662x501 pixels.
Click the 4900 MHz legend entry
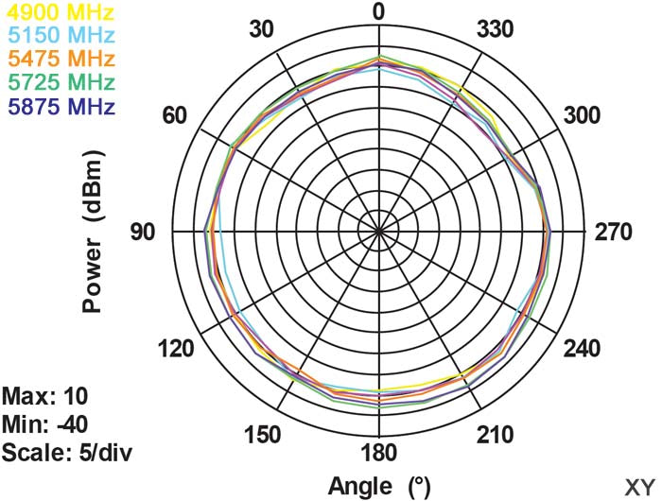[58, 13]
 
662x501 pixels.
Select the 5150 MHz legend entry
[58, 36]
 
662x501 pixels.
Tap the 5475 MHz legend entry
[58, 59]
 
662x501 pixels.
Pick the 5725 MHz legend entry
[58, 81]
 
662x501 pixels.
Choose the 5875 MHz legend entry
[58, 104]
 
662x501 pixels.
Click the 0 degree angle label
[378, 12]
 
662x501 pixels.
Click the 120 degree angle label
[178, 349]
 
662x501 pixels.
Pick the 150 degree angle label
[262, 434]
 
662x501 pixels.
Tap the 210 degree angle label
[495, 434]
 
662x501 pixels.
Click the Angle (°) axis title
[378, 487]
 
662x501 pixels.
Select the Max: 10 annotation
[46, 394]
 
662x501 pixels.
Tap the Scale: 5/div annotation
[66, 451]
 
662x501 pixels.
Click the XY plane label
[638, 485]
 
